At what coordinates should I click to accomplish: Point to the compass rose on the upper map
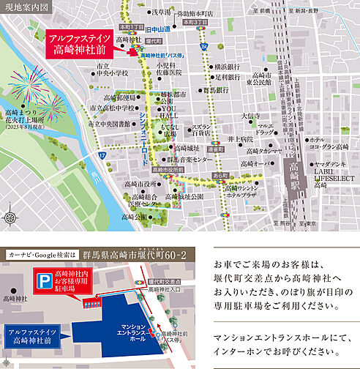10,217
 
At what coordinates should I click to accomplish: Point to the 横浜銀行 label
223,66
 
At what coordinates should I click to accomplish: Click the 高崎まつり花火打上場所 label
25,117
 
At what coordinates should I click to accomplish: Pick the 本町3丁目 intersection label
196,22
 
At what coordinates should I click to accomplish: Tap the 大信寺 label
251,116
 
